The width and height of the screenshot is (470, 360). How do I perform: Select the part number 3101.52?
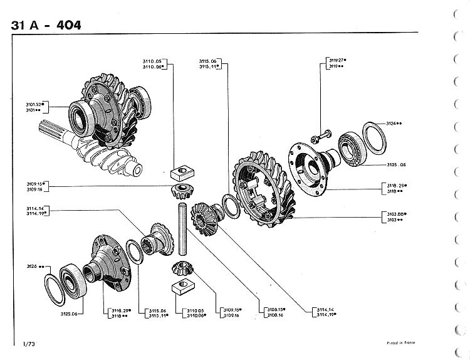(x=33, y=103)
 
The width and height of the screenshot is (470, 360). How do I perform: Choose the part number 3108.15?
(x=275, y=310)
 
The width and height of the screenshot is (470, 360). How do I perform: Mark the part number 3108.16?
(x=275, y=315)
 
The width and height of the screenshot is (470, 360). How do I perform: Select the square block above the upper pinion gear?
(x=183, y=169)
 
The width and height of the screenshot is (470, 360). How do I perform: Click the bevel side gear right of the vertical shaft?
(x=206, y=217)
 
